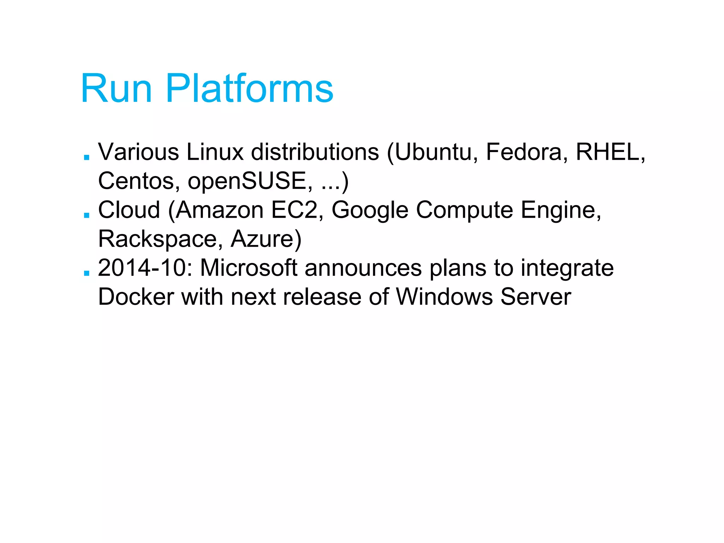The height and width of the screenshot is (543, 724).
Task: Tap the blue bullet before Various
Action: click(x=86, y=157)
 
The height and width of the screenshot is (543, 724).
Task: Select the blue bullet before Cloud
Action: click(x=86, y=215)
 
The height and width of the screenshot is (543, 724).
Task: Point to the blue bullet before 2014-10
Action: click(x=86, y=273)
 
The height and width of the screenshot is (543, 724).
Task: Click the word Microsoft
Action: click(x=249, y=268)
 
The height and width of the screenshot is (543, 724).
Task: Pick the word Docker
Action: click(x=136, y=297)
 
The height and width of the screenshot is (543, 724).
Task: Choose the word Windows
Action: click(x=444, y=297)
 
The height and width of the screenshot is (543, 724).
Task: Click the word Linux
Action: click(x=215, y=152)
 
